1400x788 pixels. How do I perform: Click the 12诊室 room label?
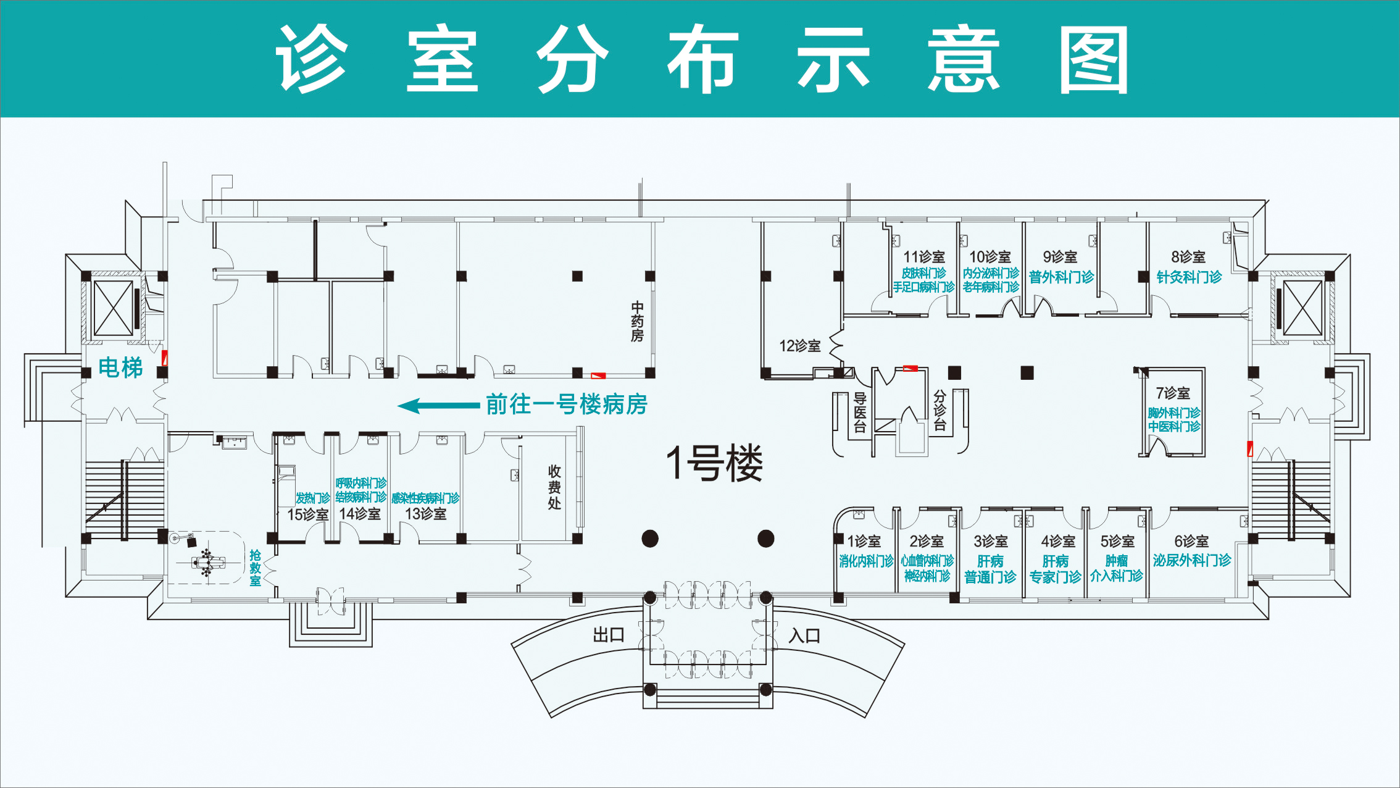click(800, 346)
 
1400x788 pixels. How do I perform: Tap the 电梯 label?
click(121, 368)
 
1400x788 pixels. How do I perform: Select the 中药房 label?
click(637, 322)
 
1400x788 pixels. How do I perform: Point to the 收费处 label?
click(554, 487)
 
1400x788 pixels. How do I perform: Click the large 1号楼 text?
click(714, 463)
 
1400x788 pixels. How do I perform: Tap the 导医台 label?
click(859, 413)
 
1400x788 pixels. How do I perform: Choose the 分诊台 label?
click(940, 410)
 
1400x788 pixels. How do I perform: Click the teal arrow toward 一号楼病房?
click(438, 406)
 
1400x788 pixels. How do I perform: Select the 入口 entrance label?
click(804, 636)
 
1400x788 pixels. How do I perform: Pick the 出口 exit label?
click(609, 635)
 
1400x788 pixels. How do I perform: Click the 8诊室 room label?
click(1188, 257)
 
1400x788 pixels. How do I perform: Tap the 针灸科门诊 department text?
click(1189, 277)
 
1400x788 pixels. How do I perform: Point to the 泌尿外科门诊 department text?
click(1191, 561)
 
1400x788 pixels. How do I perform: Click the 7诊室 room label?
click(1173, 393)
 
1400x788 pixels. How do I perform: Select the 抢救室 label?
click(256, 568)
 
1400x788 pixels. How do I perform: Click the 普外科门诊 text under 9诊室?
click(1061, 277)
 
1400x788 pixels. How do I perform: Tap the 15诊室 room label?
click(307, 514)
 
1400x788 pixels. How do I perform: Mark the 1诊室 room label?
click(864, 542)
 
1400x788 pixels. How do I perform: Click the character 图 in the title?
click(1094, 60)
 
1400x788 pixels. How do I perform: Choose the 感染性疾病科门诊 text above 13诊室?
click(425, 498)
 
